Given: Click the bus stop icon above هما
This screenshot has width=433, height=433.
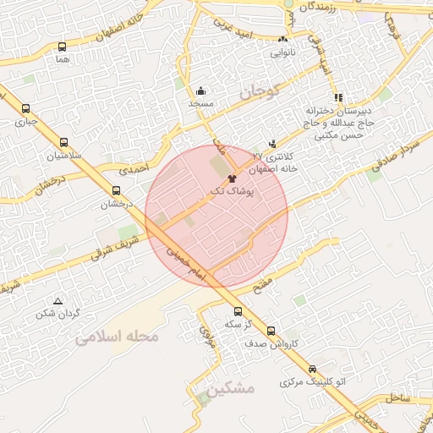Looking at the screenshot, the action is (62, 47).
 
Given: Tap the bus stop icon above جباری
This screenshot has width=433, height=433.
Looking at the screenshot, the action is (25, 108).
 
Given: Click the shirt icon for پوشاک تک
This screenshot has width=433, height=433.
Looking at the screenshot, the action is (233, 178).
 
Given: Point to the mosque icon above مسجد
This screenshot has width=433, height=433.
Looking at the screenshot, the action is (200, 90).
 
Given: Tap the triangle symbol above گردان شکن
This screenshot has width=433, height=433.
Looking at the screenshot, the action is (58, 301).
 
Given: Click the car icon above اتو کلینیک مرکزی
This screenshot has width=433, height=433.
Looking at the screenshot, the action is (313, 370).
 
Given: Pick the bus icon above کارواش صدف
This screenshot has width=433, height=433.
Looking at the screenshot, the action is (271, 331).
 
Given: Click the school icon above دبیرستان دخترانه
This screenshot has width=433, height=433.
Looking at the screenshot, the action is (339, 97).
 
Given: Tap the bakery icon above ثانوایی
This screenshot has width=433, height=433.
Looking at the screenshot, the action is (282, 40).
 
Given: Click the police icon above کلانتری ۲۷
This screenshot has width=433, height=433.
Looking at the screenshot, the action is (271, 145).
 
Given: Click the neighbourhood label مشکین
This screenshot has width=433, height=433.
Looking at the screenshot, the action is (229, 388).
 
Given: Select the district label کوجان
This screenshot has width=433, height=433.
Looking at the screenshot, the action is (257, 93).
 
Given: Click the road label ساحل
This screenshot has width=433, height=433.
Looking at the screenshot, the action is (398, 397).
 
